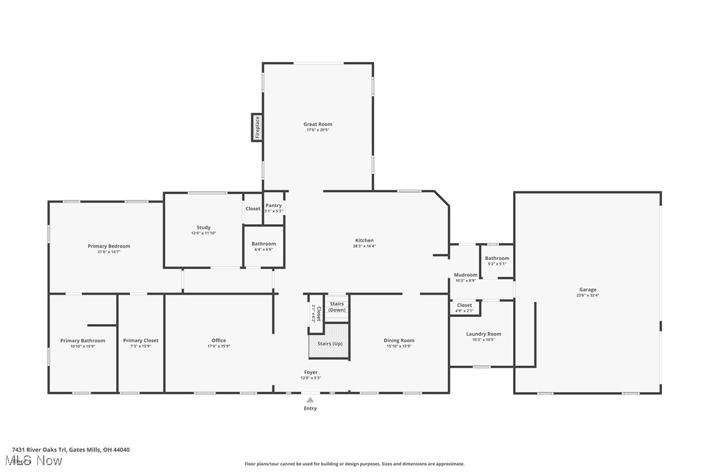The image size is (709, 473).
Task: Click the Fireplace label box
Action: tap(257, 127)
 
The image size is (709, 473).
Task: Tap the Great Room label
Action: tap(318, 124)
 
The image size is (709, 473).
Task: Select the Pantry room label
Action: tap(274, 206)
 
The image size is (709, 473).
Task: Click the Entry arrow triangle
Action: tap(310, 400)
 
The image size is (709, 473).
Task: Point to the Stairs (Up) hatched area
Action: tap(329, 344)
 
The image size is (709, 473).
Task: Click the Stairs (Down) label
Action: tap(337, 306)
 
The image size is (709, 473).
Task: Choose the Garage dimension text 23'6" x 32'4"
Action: tap(588, 295)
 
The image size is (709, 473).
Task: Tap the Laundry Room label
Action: tap(483, 334)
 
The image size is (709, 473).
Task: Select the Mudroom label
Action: tap(465, 275)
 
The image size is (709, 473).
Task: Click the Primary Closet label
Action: tap(141, 340)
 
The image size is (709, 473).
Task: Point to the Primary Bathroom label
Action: tap(83, 340)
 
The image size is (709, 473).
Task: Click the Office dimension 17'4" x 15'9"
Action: tap(219, 346)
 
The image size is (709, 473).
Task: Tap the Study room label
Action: tap(203, 228)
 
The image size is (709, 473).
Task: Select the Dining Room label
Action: tap(399, 340)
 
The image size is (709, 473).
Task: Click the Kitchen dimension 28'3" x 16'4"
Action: tap(364, 246)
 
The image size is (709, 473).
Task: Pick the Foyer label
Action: tap(311, 372)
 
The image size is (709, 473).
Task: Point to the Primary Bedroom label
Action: tap(109, 246)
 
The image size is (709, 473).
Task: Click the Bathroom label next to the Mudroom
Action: tap(497, 258)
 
